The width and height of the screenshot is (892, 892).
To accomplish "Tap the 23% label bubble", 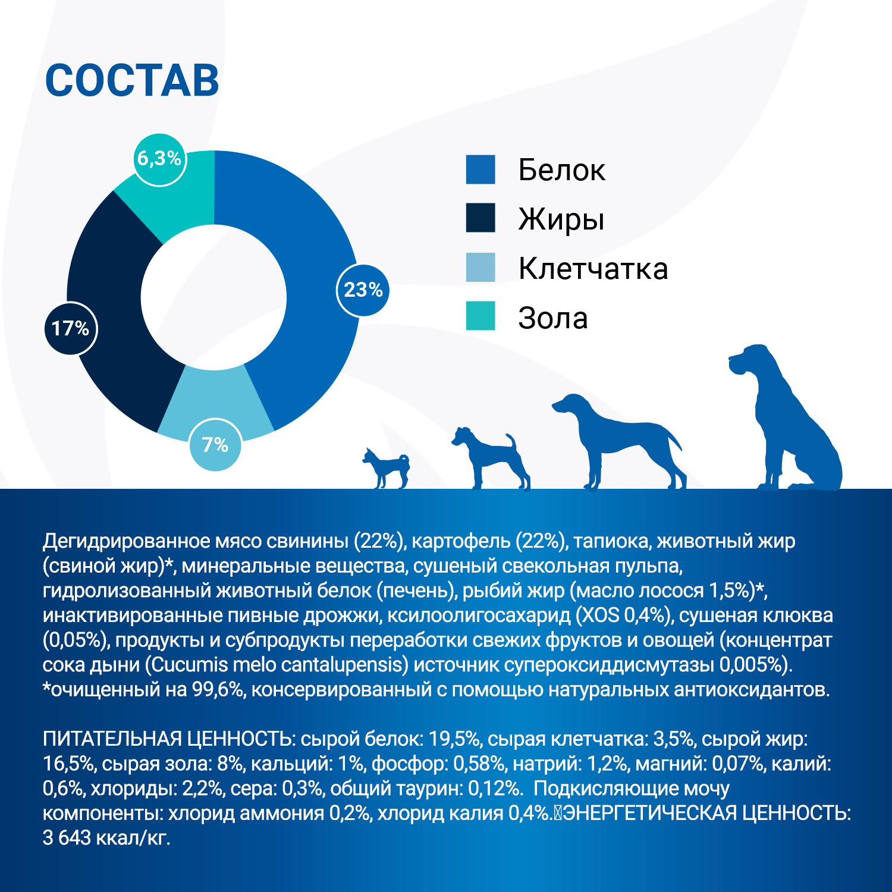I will point(363,290).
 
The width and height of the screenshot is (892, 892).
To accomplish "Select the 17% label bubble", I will point(70,328).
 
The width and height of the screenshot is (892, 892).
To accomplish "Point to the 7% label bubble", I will point(215,445).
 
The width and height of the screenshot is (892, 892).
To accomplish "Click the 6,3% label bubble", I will point(159,159).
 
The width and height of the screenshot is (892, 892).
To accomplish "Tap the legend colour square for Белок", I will point(480,169).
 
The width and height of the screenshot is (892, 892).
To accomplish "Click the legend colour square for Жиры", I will point(480,218).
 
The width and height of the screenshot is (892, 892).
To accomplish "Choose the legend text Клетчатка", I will point(593,269).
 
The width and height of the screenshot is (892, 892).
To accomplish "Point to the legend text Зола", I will point(553,318).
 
